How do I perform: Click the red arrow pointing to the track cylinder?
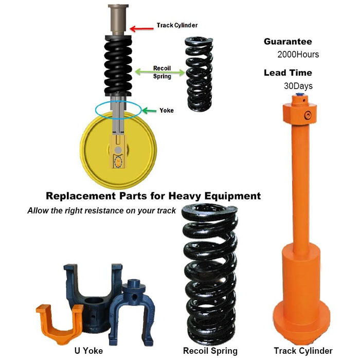pyautogui.click(x=141, y=29)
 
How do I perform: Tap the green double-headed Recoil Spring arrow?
pyautogui.click(x=160, y=73)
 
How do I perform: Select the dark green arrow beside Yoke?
pyautogui.click(x=149, y=111)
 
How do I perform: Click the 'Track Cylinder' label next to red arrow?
pyautogui.click(x=177, y=25)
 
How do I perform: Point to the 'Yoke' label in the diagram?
pyautogui.click(x=167, y=111)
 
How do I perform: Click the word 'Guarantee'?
pyautogui.click(x=287, y=42)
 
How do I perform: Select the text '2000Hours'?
pyautogui.click(x=298, y=55)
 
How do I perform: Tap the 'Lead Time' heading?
pyautogui.click(x=287, y=73)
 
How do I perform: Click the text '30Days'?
pyautogui.click(x=298, y=86)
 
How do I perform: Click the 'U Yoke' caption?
pyautogui.click(x=88, y=351)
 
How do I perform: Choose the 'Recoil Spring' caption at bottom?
pyautogui.click(x=210, y=351)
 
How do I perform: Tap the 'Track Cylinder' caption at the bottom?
pyautogui.click(x=303, y=351)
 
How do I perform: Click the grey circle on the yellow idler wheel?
pyautogui.click(x=118, y=150)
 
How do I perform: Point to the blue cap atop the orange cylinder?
pyautogui.click(x=299, y=94)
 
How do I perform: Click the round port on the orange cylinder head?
pyautogui.click(x=308, y=115)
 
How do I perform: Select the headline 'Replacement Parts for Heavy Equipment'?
pyautogui.click(x=153, y=196)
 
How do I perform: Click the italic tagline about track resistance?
pyautogui.click(x=101, y=210)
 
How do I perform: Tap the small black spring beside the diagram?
pyautogui.click(x=199, y=74)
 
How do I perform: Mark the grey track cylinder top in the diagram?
pyautogui.click(x=118, y=20)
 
